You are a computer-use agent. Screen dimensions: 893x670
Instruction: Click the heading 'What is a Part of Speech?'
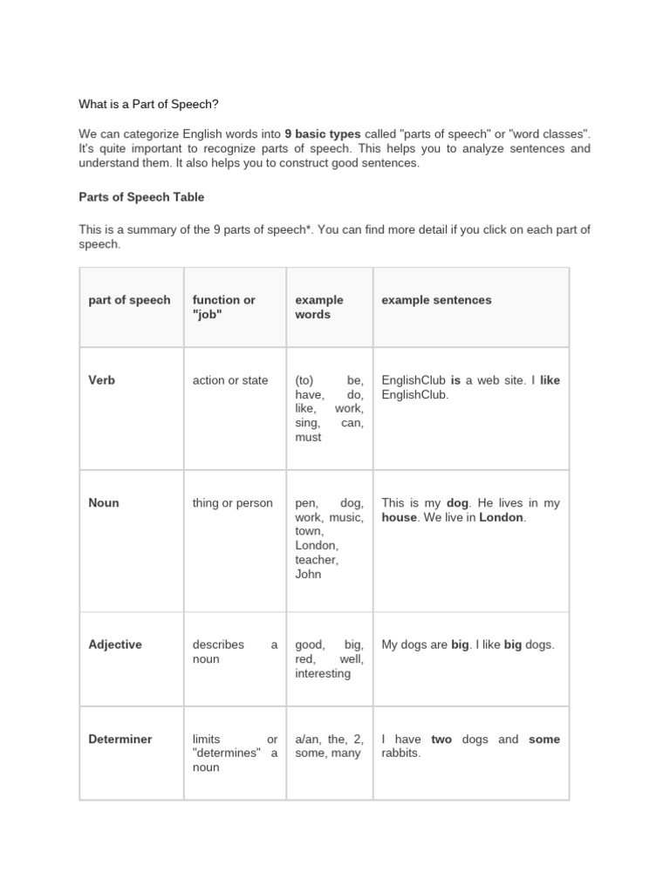[x=149, y=105]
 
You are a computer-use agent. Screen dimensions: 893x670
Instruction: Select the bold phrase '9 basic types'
[x=323, y=134]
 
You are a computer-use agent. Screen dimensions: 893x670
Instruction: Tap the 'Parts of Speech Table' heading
[x=141, y=197]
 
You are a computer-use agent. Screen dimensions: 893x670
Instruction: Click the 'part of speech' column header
[x=129, y=300]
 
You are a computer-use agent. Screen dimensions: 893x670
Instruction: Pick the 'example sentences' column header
[x=436, y=300]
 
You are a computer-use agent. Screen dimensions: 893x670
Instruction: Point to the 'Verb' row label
[x=101, y=381]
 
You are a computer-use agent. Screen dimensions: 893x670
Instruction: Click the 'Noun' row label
[x=104, y=503]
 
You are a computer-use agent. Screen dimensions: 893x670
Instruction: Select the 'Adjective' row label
[x=114, y=645]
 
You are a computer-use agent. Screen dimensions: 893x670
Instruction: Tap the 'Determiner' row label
[x=120, y=740]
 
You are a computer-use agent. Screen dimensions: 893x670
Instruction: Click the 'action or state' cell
[x=230, y=381]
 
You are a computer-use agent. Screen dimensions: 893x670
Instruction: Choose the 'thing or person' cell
[x=232, y=503]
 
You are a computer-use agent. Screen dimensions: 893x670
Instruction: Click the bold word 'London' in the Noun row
[x=502, y=518]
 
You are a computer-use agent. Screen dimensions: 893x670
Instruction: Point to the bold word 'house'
[x=400, y=518]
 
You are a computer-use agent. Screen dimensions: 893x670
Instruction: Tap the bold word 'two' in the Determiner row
[x=441, y=740]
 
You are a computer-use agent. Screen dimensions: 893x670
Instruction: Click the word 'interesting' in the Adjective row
[x=323, y=674]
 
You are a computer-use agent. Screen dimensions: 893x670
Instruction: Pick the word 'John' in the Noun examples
[x=308, y=575]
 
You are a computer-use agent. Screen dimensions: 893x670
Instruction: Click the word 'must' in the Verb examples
[x=308, y=438]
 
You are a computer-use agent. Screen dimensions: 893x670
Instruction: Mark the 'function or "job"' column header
[x=224, y=307]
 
